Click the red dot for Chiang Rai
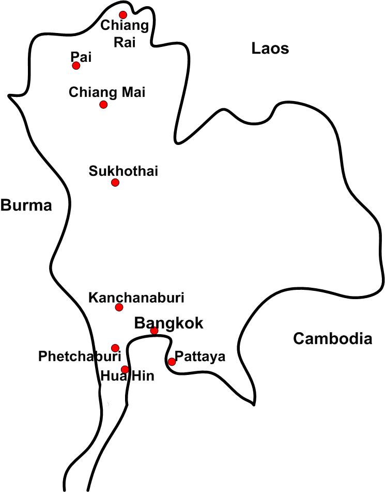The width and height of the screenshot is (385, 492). pos(123,15)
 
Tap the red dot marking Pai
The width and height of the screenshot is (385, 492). pos(76,65)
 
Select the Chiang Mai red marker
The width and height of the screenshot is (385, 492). pos(103,105)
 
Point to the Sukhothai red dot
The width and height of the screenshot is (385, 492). pos(115,183)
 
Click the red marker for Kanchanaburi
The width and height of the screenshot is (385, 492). pos(119,307)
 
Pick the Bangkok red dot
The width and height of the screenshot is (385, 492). pos(154,331)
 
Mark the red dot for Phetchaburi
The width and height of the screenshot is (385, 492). pos(115,348)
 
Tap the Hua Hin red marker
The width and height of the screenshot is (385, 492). pos(125,369)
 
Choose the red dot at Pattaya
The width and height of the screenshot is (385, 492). pos(172,362)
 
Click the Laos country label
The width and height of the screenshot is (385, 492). pos(270,49)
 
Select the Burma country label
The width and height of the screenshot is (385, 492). pos(26,206)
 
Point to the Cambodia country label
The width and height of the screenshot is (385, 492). pos(332,339)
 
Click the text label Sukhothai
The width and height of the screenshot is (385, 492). pos(124,171)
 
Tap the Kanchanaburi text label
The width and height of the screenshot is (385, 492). pos(136,298)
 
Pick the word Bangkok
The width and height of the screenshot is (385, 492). pos(169,323)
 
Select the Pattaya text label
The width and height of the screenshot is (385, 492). pos(200,356)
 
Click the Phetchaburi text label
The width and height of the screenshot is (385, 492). pos(80,356)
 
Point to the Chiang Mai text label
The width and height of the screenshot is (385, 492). pos(107,92)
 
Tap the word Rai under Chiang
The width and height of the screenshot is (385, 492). pos(125,43)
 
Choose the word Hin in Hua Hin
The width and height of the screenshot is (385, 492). pos(142,376)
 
